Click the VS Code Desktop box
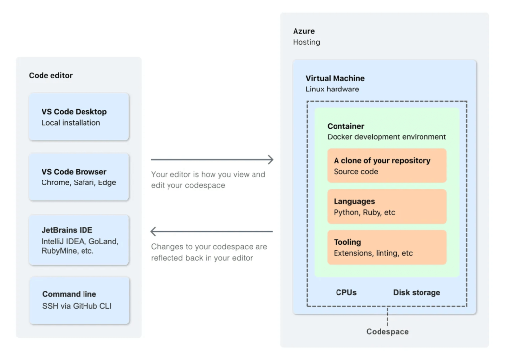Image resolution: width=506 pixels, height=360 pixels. coord(79,117)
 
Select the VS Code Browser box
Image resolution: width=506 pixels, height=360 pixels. coord(79,177)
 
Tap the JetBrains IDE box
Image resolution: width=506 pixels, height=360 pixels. coord(79,240)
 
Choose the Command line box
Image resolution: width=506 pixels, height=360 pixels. coord(79,300)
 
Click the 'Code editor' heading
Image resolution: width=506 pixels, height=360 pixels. coord(51,76)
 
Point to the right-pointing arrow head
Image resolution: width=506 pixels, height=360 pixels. coord(270,159)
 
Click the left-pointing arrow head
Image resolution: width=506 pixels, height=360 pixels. coord(154,231)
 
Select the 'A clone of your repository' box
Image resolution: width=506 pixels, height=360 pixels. coord(386,166)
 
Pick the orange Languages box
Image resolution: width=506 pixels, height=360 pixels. coord(386,207)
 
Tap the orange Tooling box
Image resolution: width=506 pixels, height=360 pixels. coord(386,247)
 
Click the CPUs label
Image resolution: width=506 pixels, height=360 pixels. coord(346,292)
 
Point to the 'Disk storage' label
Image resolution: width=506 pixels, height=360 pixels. coord(417,292)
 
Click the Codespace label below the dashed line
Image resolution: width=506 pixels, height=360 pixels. coord(387,332)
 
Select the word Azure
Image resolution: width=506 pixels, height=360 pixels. coord(304,31)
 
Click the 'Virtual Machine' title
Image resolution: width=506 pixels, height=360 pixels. coord(335,78)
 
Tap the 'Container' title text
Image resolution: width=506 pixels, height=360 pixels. coord(346,126)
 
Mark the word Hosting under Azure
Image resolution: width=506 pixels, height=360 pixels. coord(306,42)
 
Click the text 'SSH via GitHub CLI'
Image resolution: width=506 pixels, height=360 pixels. coord(77,306)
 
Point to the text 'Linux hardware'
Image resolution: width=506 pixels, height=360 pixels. coord(332,90)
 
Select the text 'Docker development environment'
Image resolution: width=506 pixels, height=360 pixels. coord(386,137)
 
